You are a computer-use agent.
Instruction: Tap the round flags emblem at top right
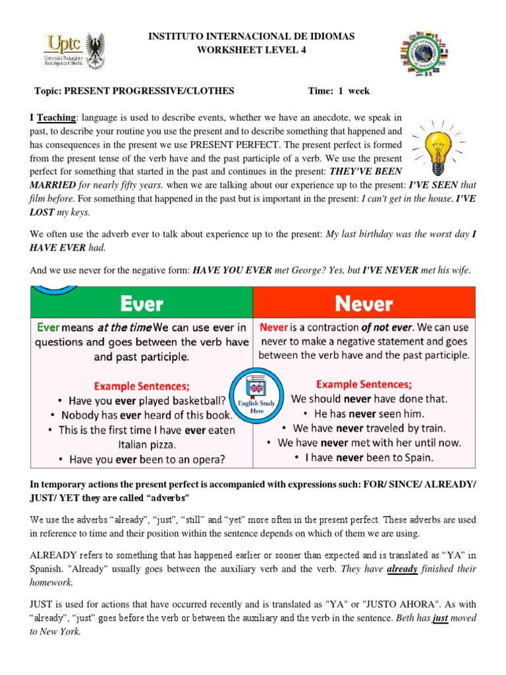pyautogui.click(x=433, y=53)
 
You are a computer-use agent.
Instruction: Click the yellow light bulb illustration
pyautogui.click(x=439, y=144)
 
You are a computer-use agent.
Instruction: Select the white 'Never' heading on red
pyautogui.click(x=363, y=303)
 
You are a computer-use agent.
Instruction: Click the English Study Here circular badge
pyautogui.click(x=253, y=394)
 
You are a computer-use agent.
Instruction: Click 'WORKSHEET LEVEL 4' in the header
pyautogui.click(x=253, y=51)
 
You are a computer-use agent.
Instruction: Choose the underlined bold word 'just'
pyautogui.click(x=440, y=618)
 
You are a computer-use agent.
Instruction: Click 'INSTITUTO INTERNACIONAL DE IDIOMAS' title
pyautogui.click(x=253, y=37)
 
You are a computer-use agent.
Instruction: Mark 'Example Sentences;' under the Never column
pyautogui.click(x=364, y=384)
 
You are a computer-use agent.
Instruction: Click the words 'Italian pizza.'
pyautogui.click(x=142, y=444)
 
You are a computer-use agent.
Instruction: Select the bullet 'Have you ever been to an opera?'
pyautogui.click(x=142, y=459)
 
